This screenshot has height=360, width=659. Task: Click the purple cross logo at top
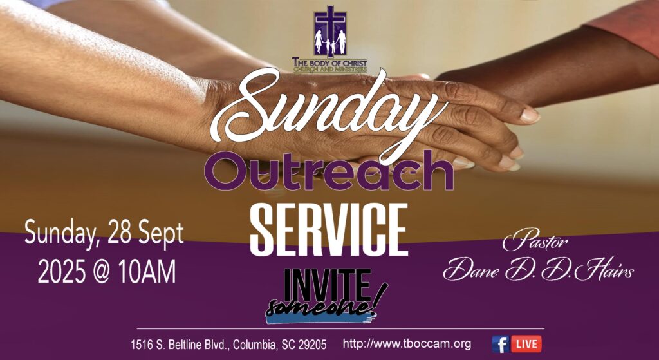(330, 32)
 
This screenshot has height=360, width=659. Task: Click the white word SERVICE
(329, 229)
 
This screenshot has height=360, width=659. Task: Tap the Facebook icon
(500, 344)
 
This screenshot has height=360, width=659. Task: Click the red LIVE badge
(526, 344)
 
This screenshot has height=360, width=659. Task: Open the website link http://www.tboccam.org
(407, 344)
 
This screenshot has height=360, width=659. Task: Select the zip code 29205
(312, 345)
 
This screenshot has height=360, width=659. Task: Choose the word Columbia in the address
(255, 345)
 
